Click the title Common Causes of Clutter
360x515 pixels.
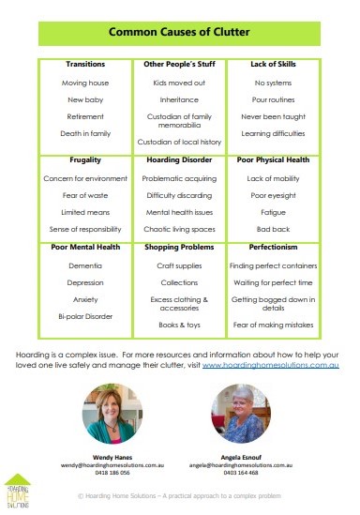point(179,33)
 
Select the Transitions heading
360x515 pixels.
point(85,64)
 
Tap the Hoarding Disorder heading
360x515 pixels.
point(179,160)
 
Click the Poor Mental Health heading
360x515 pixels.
point(85,249)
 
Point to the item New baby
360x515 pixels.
point(85,99)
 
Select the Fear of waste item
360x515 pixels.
point(85,195)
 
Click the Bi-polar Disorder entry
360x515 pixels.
point(85,317)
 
